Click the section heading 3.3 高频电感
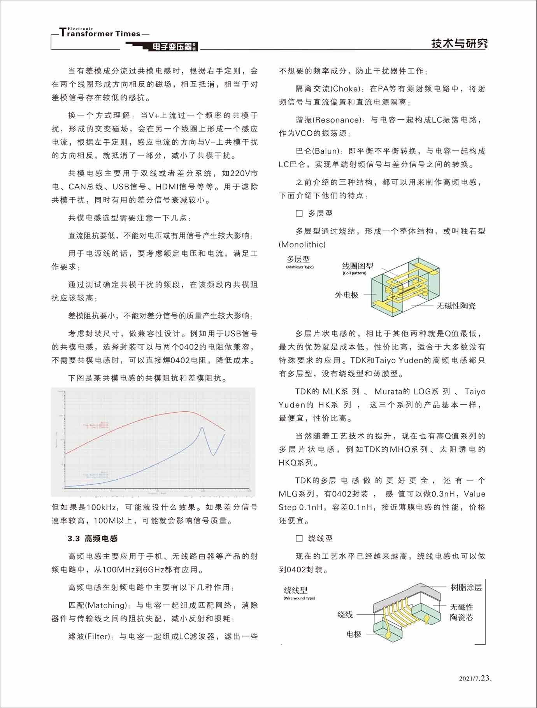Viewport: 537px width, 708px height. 93,538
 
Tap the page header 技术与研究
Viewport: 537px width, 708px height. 459,43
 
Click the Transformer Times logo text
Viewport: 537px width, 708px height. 100,33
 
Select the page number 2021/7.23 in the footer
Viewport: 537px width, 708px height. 475,678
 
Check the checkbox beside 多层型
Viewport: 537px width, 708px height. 299,213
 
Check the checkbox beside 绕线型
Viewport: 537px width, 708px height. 299,538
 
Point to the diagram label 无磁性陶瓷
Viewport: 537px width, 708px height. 456,306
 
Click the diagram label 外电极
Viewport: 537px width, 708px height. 346,295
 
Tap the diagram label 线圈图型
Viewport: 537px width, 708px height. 357,266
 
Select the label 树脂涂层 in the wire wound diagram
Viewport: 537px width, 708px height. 466,587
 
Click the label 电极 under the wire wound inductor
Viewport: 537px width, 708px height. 354,634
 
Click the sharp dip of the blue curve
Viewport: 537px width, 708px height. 213,455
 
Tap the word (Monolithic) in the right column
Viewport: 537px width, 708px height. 302,245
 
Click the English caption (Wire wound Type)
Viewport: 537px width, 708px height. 299,598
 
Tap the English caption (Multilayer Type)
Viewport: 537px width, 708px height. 300,267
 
